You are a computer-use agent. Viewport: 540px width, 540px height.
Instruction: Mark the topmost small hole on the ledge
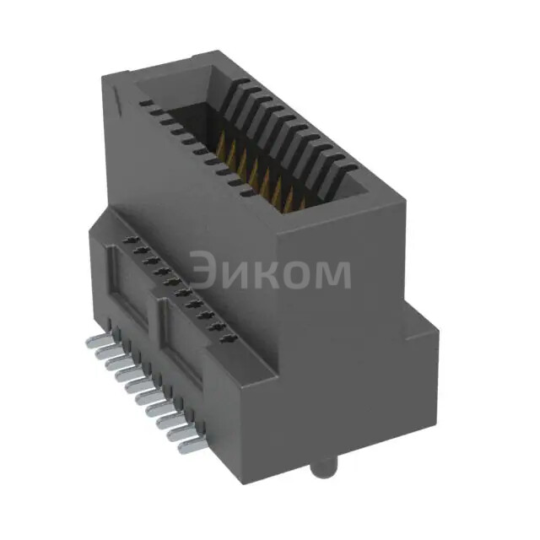[x=132, y=241]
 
